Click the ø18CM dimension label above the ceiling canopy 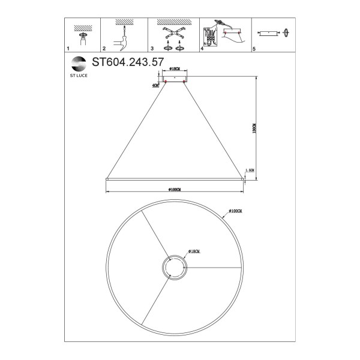pos(175,69)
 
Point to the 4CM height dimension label pos(156,85)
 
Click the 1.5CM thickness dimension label pos(251,171)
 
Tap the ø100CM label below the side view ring pos(175,190)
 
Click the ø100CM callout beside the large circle pos(234,212)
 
